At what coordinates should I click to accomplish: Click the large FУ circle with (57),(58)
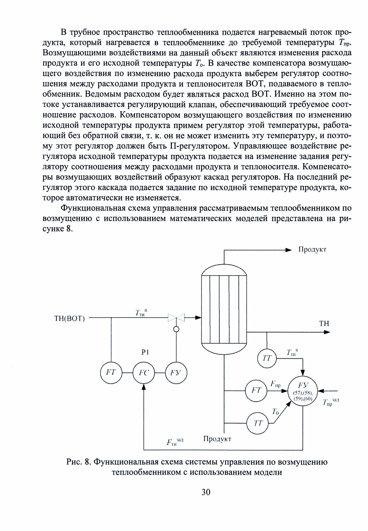(303, 391)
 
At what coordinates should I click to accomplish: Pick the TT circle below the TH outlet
(267, 358)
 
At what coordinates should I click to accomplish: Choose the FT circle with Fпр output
(256, 391)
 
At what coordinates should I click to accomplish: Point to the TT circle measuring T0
(258, 423)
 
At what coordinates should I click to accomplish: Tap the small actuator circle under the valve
(176, 329)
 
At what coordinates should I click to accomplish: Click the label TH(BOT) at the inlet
(69, 319)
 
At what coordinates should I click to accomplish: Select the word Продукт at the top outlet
(312, 250)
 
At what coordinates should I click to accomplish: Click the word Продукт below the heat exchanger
(217, 439)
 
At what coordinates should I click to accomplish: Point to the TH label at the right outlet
(324, 323)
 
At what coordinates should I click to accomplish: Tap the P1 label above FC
(145, 352)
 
